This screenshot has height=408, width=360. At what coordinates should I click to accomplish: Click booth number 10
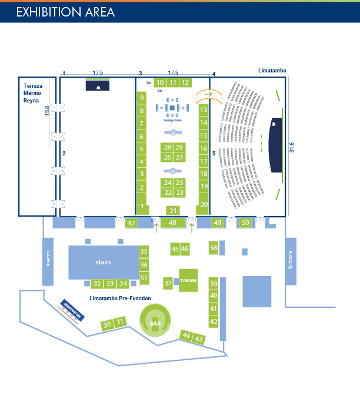pyautogui.click(x=160, y=82)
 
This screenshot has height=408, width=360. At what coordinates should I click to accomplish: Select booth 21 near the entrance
pyautogui.click(x=173, y=210)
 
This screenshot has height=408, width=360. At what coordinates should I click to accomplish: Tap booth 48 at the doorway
pyautogui.click(x=172, y=223)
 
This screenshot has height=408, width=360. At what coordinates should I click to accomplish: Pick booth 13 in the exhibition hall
pyautogui.click(x=204, y=110)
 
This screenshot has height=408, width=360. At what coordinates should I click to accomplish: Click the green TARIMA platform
pyautogui.click(x=188, y=280)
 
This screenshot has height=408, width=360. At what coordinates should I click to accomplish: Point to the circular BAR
pyautogui.click(x=155, y=323)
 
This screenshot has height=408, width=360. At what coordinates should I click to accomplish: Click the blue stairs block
pyautogui.click(x=104, y=262)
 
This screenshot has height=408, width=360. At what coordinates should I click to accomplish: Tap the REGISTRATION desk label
pyautogui.click(x=72, y=311)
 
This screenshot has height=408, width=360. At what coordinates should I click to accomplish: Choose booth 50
pyautogui.click(x=245, y=223)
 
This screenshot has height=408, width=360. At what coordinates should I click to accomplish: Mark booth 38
pyautogui.click(x=214, y=248)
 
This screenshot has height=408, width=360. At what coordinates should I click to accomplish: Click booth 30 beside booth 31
pyautogui.click(x=107, y=324)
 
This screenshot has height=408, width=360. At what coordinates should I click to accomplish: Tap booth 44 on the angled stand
pyautogui.click(x=186, y=335)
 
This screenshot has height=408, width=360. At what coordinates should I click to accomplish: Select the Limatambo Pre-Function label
pyautogui.click(x=120, y=298)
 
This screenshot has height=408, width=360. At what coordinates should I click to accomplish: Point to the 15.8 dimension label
pyautogui.click(x=46, y=111)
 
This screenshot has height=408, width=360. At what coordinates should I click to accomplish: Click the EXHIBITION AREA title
pyautogui.click(x=65, y=12)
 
